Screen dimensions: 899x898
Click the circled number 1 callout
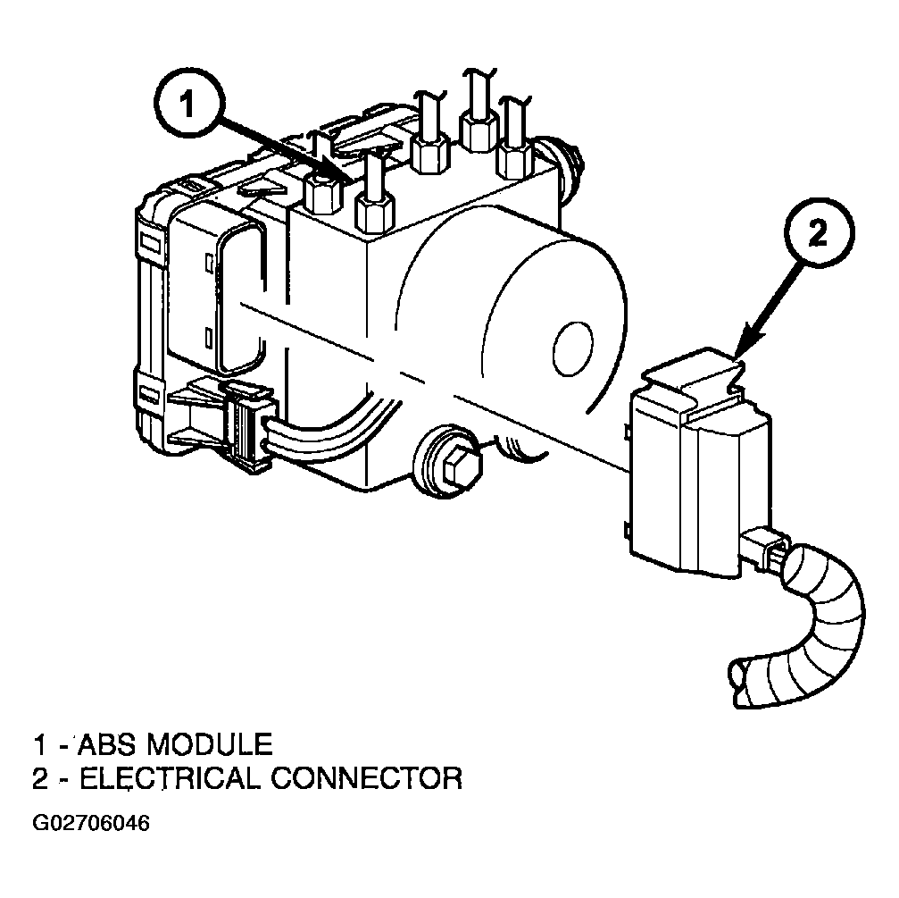point(187,106)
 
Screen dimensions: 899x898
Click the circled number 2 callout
point(819,231)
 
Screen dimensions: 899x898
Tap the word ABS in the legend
point(106,744)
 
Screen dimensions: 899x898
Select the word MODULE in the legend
point(209,744)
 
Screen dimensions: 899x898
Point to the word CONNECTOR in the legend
point(366,778)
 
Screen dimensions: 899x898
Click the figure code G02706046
point(91,823)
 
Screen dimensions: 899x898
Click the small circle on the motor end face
point(573,348)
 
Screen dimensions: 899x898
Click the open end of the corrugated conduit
point(741,683)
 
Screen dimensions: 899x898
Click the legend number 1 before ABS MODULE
point(39,745)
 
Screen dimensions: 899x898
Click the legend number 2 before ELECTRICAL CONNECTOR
point(40,779)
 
